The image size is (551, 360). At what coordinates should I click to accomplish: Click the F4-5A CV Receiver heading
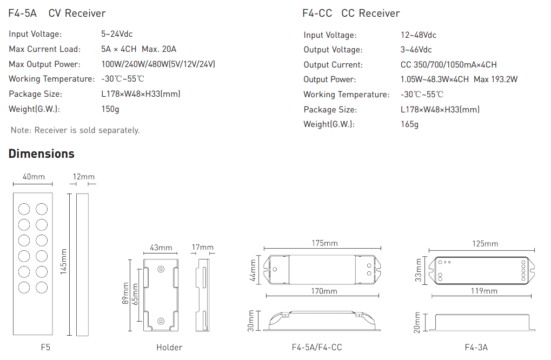point(57,14)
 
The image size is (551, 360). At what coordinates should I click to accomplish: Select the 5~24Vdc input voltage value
point(117,34)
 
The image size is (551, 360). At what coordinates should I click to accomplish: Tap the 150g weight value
point(110,109)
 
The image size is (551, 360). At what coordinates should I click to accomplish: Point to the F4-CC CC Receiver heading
point(351,14)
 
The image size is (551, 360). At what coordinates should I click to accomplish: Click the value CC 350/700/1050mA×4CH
point(448,65)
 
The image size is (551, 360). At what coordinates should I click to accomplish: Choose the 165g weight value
point(409,124)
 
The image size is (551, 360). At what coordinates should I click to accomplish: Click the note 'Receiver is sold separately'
point(75,130)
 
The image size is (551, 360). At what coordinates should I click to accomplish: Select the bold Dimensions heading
point(42,154)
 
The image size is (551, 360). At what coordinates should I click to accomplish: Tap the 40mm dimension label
point(34,177)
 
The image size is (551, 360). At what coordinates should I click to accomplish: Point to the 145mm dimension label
point(63,262)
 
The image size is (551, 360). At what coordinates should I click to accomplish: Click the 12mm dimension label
point(84,177)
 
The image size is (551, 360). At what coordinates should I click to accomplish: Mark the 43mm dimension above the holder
point(161,248)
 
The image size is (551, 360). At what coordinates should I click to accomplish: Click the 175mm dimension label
point(324,243)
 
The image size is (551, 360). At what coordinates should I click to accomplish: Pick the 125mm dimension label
point(485,244)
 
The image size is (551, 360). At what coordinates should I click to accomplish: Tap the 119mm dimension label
point(484,291)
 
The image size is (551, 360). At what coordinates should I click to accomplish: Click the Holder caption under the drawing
point(169,348)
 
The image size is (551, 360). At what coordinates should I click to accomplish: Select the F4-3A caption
point(476,348)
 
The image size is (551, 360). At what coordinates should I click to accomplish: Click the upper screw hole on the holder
point(161,269)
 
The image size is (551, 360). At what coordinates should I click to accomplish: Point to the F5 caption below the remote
point(45,348)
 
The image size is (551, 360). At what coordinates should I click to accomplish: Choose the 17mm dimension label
point(202,247)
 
